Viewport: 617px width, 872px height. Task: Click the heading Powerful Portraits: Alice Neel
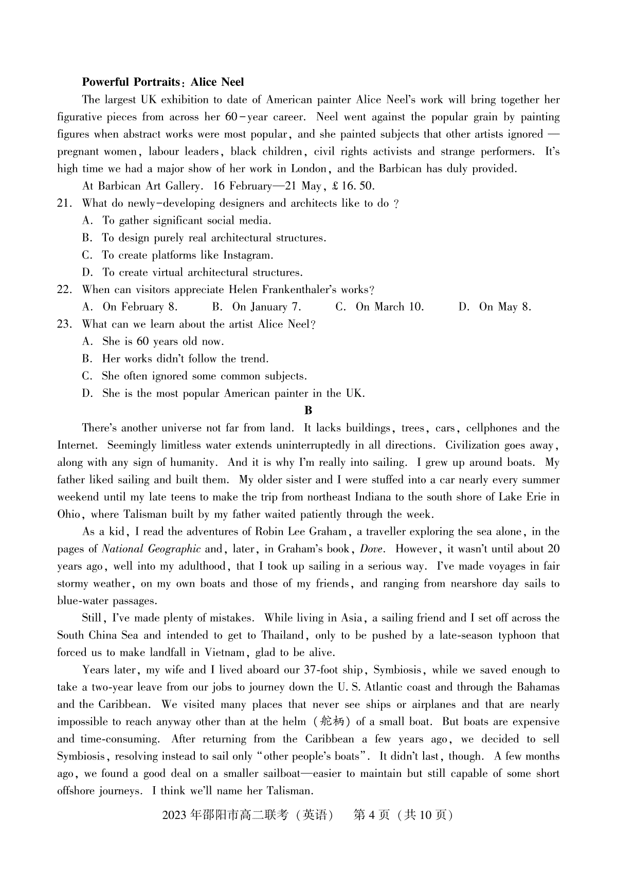point(163,82)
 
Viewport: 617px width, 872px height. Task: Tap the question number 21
point(63,204)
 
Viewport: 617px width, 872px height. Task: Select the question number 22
point(63,290)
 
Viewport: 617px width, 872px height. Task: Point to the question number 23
point(63,324)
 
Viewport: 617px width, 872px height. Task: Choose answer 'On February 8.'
point(140,307)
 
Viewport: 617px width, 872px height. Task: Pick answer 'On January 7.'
point(266,307)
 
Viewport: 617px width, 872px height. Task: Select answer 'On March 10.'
point(390,307)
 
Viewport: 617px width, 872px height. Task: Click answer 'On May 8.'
point(505,307)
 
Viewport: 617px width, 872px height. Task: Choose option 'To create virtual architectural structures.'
point(202,272)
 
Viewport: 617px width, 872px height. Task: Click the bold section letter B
point(308,410)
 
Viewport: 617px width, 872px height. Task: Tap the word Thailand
point(283,635)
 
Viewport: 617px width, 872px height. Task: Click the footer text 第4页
point(371,815)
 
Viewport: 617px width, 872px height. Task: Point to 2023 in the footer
point(175,815)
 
